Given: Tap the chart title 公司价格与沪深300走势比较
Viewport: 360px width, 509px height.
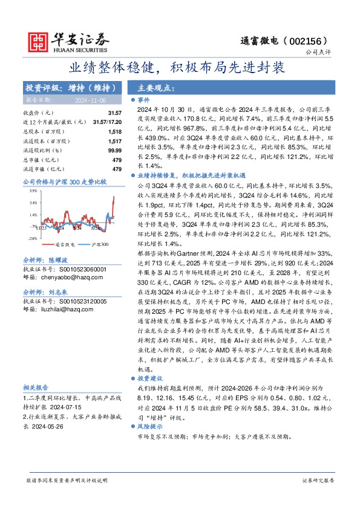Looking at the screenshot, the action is click(64, 181).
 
